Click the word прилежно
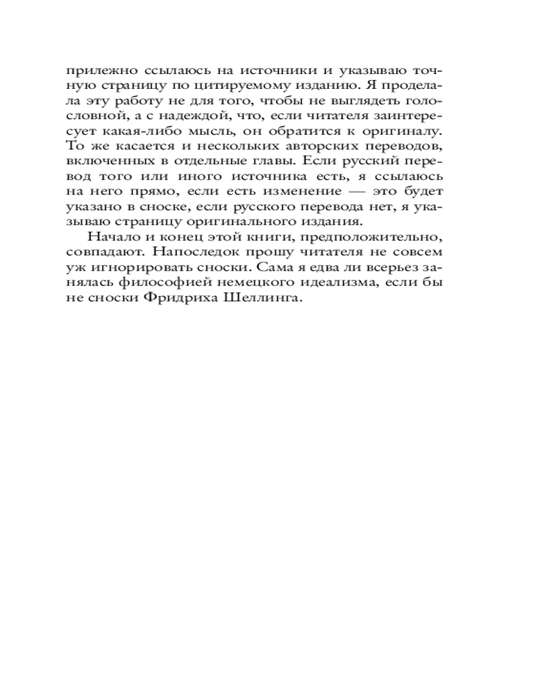[x=102, y=71]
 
